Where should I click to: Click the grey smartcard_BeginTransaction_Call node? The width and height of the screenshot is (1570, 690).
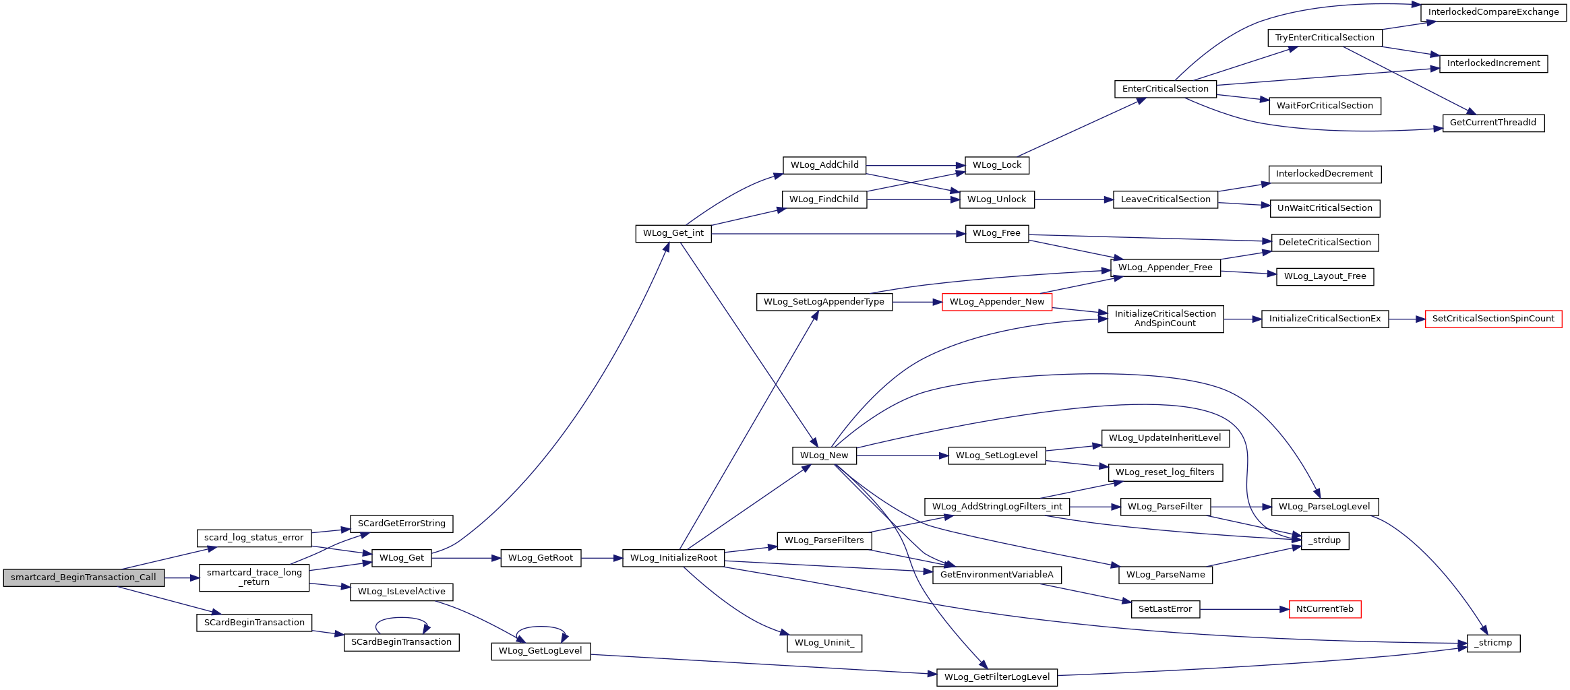pyautogui.click(x=84, y=577)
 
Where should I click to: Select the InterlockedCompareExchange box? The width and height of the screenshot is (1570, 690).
pyautogui.click(x=1493, y=12)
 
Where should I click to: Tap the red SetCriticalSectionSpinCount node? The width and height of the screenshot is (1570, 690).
pyautogui.click(x=1493, y=319)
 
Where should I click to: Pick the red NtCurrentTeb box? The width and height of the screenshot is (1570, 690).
pyautogui.click(x=1325, y=609)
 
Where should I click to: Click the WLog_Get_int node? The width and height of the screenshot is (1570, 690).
pyautogui.click(x=673, y=233)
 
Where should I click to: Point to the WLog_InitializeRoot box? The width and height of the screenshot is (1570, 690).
pyautogui.click(x=673, y=558)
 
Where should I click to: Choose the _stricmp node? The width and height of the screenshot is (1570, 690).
pyautogui.click(x=1493, y=643)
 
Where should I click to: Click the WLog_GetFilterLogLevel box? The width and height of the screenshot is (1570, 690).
pyautogui.click(x=997, y=677)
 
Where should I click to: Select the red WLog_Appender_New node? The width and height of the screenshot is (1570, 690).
pyautogui.click(x=997, y=302)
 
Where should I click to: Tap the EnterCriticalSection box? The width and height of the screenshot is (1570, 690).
pyautogui.click(x=1165, y=89)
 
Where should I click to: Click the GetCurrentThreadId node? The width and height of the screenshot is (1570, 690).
pyautogui.click(x=1493, y=123)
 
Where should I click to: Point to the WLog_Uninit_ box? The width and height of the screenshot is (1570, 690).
pyautogui.click(x=824, y=643)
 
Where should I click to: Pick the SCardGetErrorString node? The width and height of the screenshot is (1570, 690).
pyautogui.click(x=401, y=524)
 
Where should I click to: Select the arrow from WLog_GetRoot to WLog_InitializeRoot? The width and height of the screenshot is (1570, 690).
pyautogui.click(x=601, y=558)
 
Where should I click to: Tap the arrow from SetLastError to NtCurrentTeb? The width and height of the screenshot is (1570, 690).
pyautogui.click(x=1244, y=609)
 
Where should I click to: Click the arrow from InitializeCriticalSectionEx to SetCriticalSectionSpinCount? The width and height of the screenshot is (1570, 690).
pyautogui.click(x=1407, y=319)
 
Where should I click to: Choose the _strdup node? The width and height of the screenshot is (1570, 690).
pyautogui.click(x=1325, y=540)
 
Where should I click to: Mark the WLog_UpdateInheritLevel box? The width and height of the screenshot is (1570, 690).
pyautogui.click(x=1165, y=438)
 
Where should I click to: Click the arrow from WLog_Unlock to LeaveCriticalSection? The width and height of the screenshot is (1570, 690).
pyautogui.click(x=1073, y=199)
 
